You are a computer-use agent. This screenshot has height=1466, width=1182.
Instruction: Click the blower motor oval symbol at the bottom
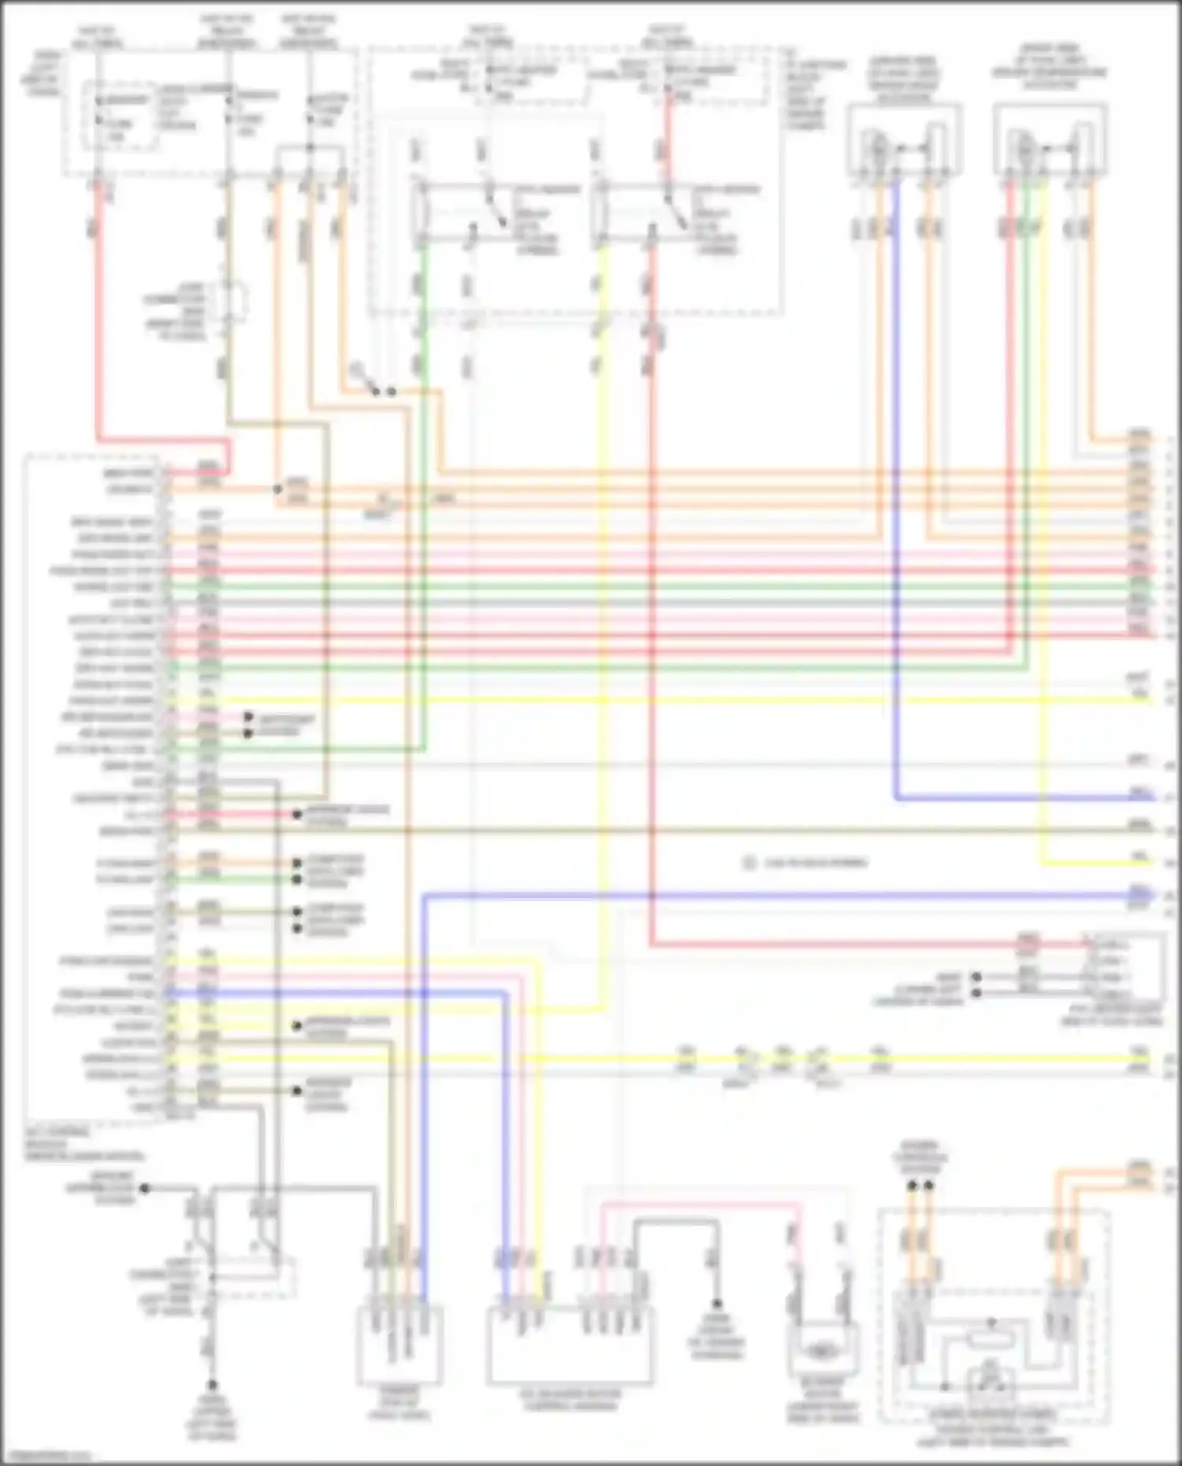click(x=822, y=1352)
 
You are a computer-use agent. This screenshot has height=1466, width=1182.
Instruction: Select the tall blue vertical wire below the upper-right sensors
click(x=896, y=488)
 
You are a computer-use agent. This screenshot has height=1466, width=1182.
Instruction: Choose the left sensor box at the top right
click(x=904, y=139)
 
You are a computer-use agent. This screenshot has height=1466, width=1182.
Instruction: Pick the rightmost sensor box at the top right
click(x=1050, y=139)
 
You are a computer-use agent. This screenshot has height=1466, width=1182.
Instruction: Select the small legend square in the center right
click(x=749, y=863)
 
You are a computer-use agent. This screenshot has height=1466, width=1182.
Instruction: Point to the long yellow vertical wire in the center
click(x=603, y=630)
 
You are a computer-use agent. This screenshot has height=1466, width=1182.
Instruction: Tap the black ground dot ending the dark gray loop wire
click(x=717, y=1304)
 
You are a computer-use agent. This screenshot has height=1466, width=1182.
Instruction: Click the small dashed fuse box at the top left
click(x=120, y=115)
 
